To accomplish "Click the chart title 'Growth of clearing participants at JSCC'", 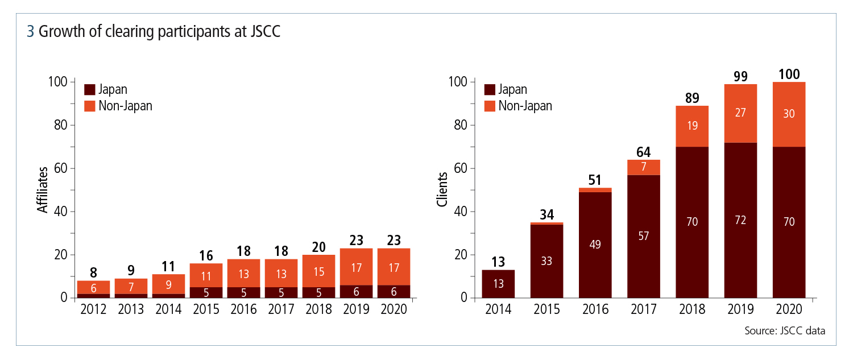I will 159,32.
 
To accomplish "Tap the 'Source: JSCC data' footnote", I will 784,330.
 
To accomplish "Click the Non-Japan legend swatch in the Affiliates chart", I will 89,106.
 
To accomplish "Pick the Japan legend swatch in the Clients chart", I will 490,89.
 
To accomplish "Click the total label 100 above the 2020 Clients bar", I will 789,74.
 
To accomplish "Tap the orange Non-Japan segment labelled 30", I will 789,114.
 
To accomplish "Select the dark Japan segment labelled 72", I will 740,220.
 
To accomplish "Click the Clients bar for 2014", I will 498,283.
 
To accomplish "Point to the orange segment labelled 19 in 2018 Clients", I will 692,126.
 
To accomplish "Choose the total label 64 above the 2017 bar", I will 643,152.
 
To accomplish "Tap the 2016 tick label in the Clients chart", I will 595,309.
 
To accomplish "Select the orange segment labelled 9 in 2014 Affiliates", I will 168,283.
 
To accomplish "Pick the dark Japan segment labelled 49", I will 595,245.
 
